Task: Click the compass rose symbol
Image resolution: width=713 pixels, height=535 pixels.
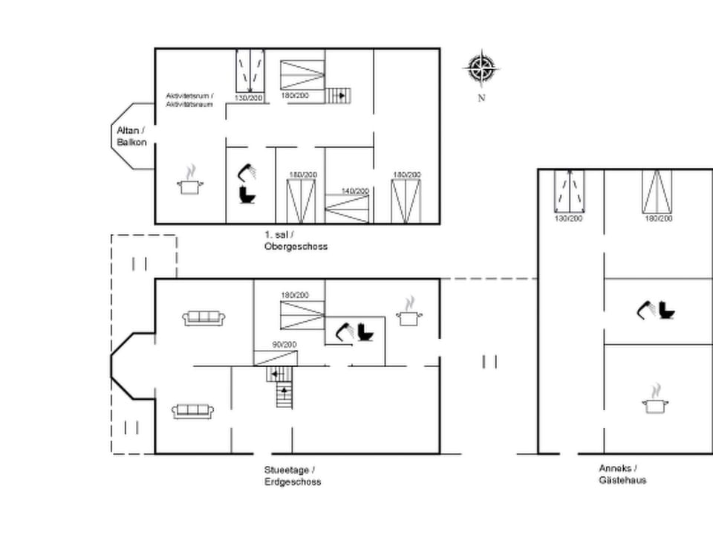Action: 481,69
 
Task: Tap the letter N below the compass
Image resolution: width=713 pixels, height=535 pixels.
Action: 481,98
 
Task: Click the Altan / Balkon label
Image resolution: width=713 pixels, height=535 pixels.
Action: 131,136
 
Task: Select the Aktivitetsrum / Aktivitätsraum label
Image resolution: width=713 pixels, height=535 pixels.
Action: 189,100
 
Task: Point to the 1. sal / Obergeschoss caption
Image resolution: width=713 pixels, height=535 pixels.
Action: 295,241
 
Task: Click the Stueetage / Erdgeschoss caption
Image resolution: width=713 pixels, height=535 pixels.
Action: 293,476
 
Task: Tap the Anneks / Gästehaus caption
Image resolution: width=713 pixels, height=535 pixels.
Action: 622,474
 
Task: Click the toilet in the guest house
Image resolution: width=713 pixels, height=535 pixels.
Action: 667,309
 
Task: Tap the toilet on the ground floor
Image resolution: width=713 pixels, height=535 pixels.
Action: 365,331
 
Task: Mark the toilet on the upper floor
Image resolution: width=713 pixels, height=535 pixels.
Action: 247,195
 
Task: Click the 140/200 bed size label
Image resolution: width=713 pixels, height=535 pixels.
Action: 354,191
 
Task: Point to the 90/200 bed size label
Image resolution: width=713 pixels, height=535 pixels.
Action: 284,345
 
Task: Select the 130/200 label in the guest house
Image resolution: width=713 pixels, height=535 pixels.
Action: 569,218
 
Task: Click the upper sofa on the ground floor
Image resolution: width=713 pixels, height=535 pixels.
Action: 204,318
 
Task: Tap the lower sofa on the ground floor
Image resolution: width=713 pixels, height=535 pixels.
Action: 193,411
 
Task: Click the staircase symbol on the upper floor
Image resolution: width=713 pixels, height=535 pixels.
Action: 338,95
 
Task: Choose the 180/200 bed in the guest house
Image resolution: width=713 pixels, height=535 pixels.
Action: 657,192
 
